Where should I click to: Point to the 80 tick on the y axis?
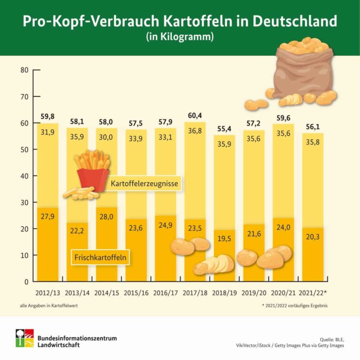pos(24,70)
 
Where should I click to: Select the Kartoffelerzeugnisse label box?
pos(144,184)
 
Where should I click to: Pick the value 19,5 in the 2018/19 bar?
pos(224,238)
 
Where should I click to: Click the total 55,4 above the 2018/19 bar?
pos(224,129)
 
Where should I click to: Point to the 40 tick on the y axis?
pos(24,176)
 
